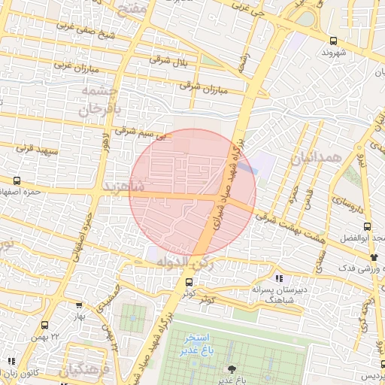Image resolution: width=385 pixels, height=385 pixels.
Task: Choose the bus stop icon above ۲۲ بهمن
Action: (44, 326)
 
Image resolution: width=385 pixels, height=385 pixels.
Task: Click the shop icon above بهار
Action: (79, 305)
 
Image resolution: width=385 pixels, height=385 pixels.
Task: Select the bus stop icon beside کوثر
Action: (188, 283)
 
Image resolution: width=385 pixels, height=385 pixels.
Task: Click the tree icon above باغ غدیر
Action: (231, 368)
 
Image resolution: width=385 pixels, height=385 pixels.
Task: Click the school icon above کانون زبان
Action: (11, 362)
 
